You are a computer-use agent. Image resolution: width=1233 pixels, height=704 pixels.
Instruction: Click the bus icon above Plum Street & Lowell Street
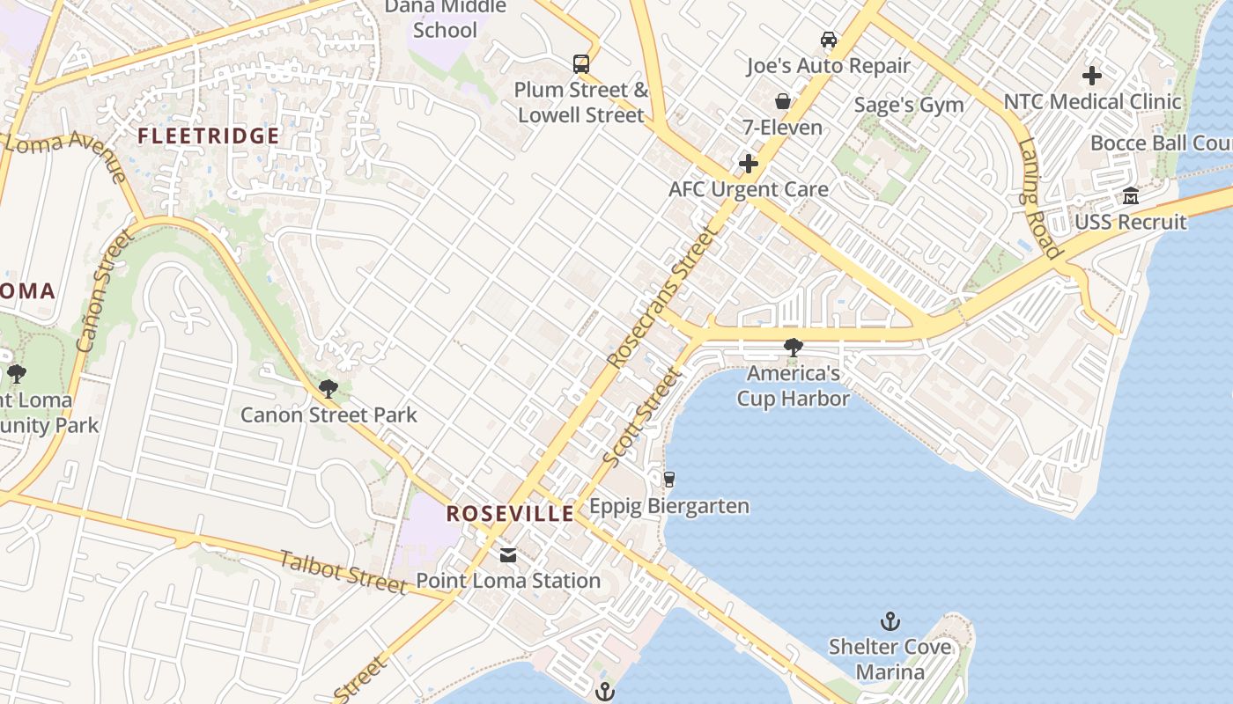point(581,63)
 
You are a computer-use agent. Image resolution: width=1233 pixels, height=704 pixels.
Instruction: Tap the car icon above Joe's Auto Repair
point(828,40)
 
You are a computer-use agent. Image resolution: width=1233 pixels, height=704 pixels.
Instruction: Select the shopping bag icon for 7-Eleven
point(782,101)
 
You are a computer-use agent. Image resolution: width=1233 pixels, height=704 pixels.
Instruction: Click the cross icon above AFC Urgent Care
point(749,164)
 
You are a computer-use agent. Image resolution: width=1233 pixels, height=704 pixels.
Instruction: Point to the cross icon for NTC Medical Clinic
point(1092,76)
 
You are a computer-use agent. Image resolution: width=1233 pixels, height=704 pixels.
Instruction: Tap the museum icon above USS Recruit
point(1131,195)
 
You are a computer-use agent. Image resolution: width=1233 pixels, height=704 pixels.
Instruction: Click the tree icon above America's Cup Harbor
point(793,348)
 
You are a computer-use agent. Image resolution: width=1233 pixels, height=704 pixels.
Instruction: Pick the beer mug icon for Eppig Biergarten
point(669,480)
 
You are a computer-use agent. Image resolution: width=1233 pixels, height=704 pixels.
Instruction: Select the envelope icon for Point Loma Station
point(508,555)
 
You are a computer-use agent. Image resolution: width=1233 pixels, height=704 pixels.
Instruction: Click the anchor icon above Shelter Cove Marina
point(890,621)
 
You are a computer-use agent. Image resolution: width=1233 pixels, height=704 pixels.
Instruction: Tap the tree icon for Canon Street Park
point(329,388)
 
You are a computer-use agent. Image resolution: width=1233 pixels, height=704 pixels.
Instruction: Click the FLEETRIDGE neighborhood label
point(209,136)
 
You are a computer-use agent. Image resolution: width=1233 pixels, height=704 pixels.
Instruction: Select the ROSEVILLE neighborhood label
point(510,514)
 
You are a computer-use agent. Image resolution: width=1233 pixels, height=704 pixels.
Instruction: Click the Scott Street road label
point(642,417)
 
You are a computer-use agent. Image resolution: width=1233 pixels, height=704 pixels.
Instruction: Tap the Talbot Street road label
point(343,572)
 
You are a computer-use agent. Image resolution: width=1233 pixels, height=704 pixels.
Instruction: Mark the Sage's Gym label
point(909,106)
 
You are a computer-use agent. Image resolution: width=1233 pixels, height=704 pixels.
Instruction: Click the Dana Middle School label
point(447,18)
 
